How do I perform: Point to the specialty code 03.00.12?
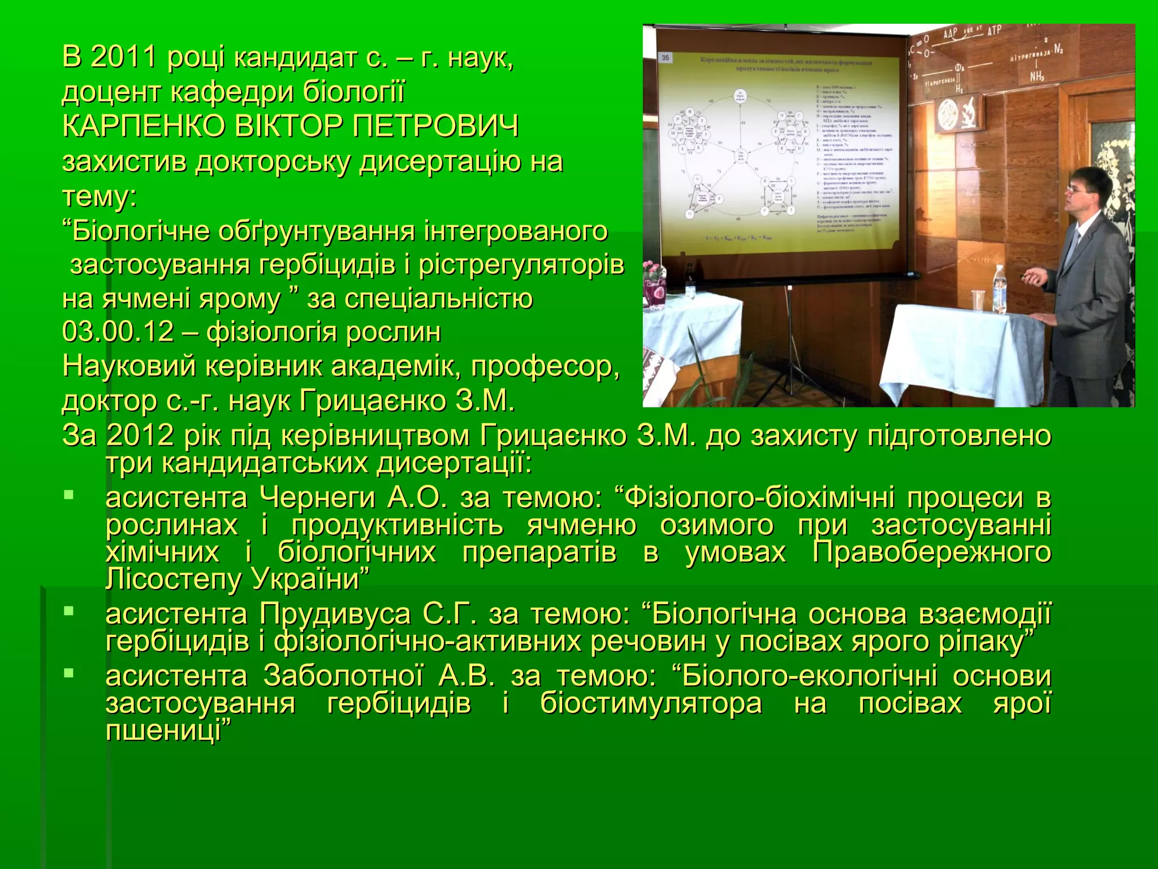118,332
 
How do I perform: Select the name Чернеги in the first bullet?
317,498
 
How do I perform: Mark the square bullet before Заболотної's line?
68,673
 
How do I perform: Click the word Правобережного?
932,552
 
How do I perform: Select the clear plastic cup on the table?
978,300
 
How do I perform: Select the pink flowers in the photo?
656,271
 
